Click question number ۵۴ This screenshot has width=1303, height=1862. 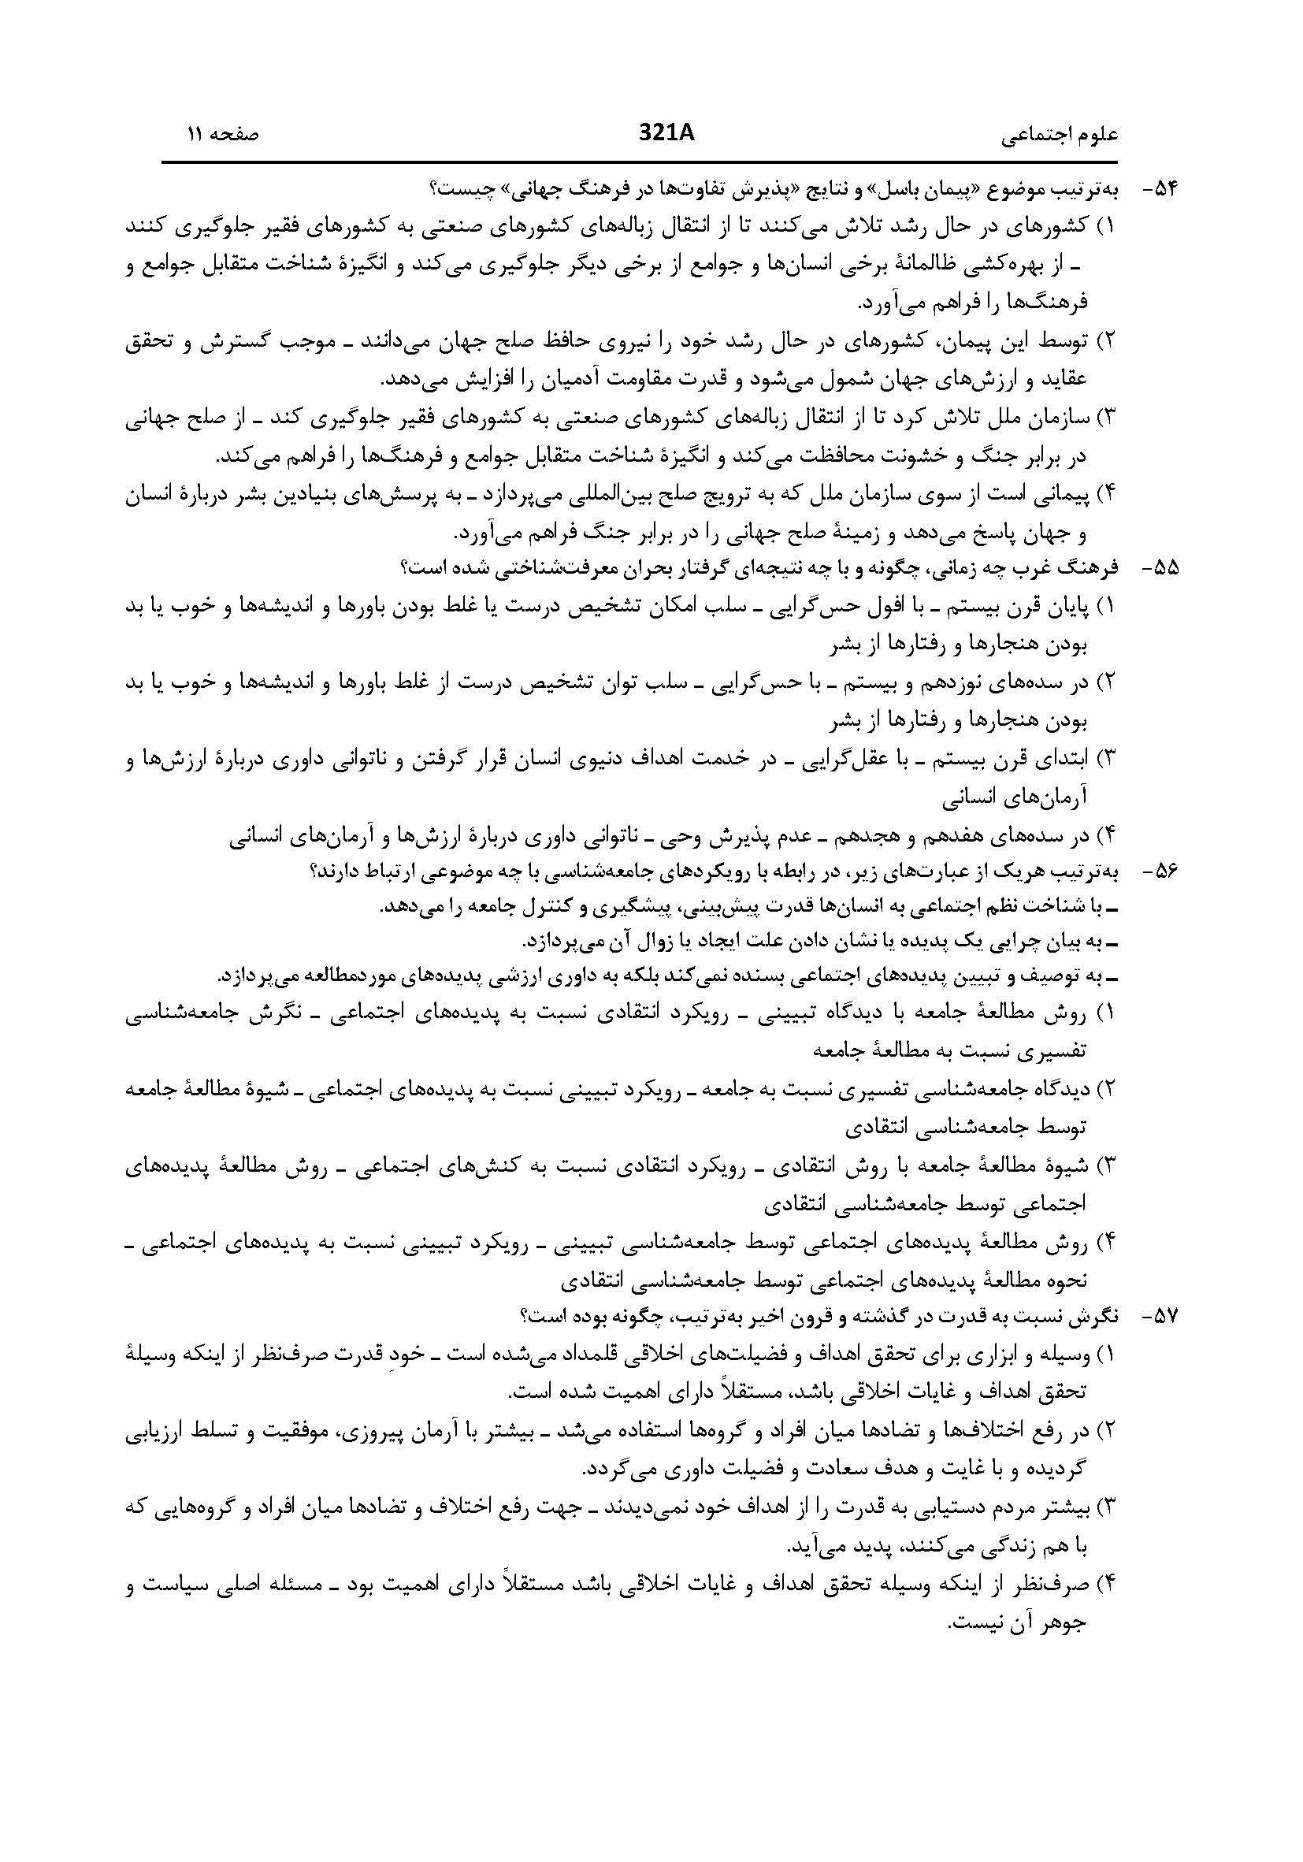pyautogui.click(x=1160, y=190)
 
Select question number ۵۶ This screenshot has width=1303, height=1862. pyautogui.click(x=1160, y=871)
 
